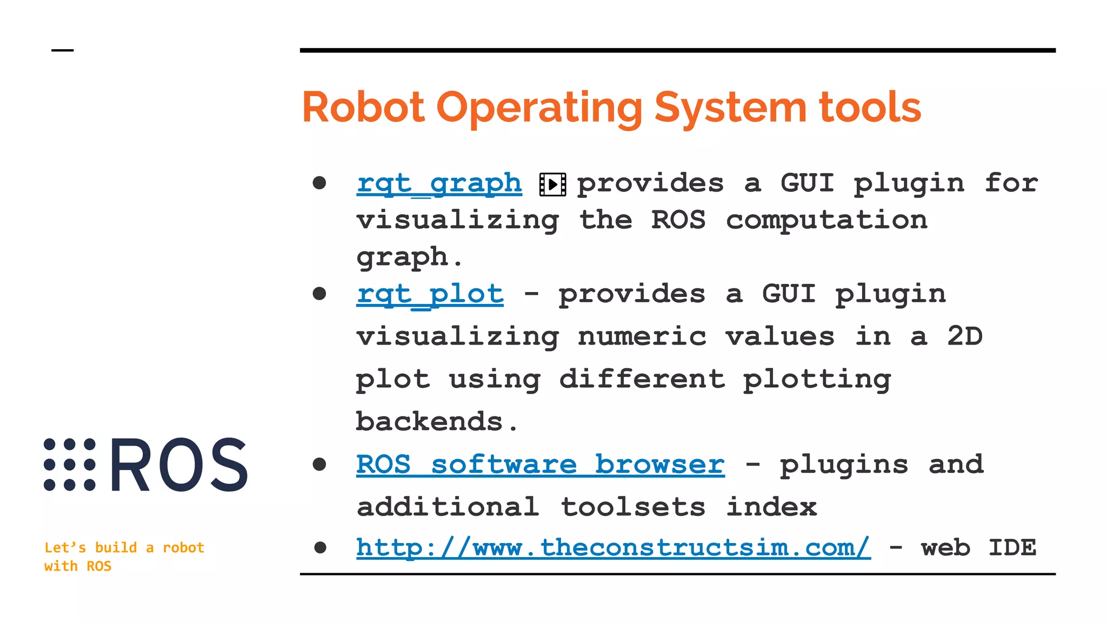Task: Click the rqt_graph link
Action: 439,183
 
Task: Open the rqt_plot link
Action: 430,294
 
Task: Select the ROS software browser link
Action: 540,465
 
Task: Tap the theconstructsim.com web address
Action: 613,547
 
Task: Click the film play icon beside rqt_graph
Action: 552,184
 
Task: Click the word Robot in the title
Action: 363,107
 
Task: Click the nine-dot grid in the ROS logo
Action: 70,465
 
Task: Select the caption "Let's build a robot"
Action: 124,547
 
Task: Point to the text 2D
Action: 964,336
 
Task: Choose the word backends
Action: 430,421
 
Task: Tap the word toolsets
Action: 632,507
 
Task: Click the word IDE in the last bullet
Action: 1012,547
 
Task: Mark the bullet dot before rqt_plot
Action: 319,294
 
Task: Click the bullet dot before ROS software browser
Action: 319,464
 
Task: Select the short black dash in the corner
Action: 63,50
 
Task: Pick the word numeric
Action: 642,336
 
